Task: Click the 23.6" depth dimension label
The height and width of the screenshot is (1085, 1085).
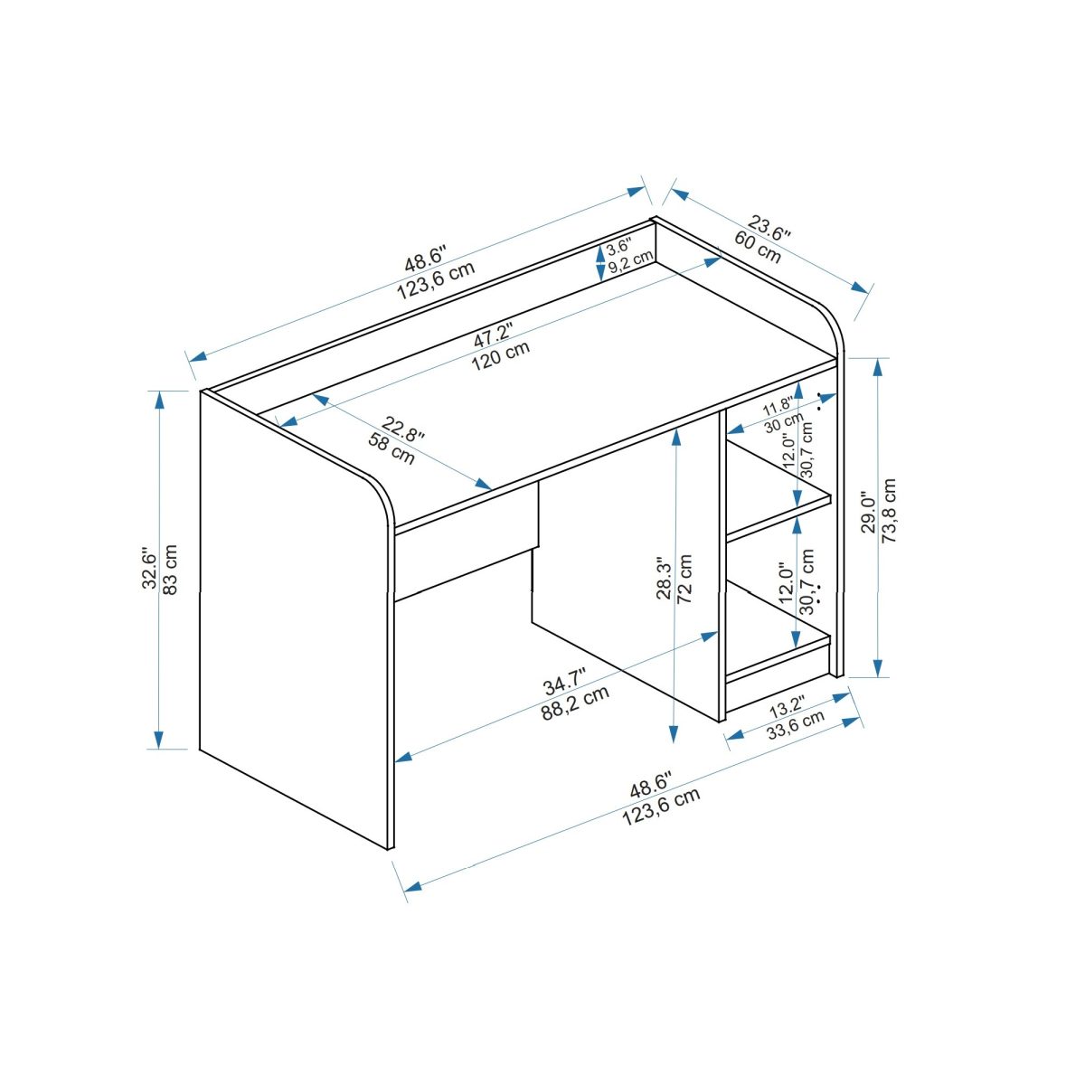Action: (769, 226)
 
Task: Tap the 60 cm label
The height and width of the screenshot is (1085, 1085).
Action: (757, 247)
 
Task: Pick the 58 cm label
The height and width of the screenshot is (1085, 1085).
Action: (392, 449)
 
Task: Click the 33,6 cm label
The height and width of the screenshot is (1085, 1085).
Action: (796, 725)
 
